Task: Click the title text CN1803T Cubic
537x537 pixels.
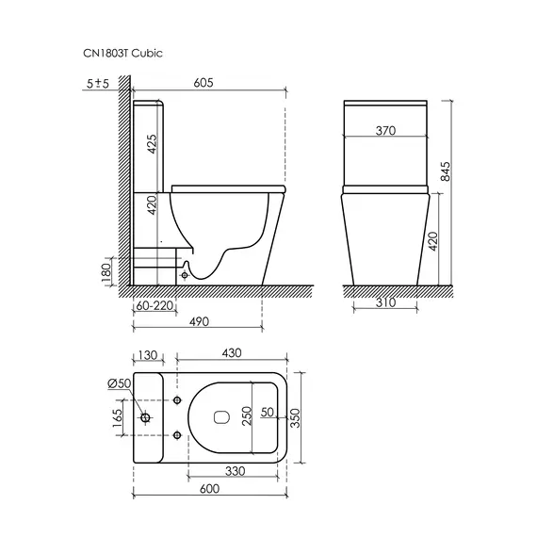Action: (122, 54)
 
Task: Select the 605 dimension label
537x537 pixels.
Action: (203, 83)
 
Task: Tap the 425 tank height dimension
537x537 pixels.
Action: (152, 144)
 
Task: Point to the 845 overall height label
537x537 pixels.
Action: (446, 171)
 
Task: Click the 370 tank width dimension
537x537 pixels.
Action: (385, 131)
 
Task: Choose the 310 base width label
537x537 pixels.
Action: (385, 302)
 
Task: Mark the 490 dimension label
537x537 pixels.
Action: (199, 321)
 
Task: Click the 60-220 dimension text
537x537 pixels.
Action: (155, 305)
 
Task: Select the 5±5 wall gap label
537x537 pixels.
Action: (98, 83)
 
